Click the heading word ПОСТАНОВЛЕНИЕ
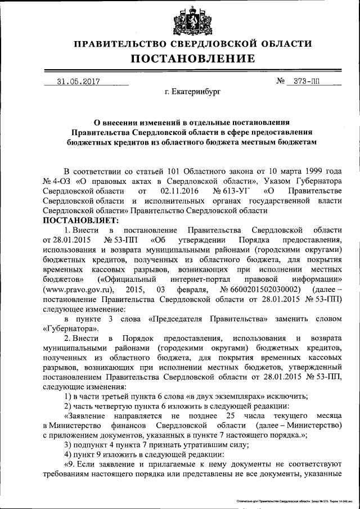click(193, 58)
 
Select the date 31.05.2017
click(78, 81)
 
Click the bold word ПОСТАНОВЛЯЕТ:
click(78, 220)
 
